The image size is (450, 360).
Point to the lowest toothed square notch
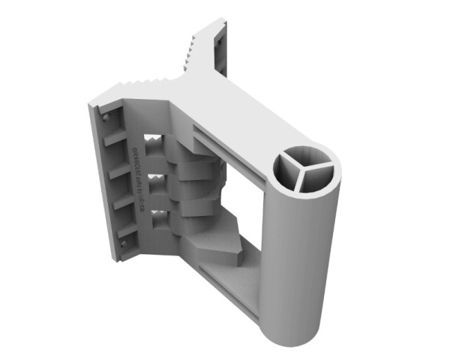coord(160,220)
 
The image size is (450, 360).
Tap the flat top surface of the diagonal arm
coord(240,112)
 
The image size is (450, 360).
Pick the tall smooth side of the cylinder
coord(300,247)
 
